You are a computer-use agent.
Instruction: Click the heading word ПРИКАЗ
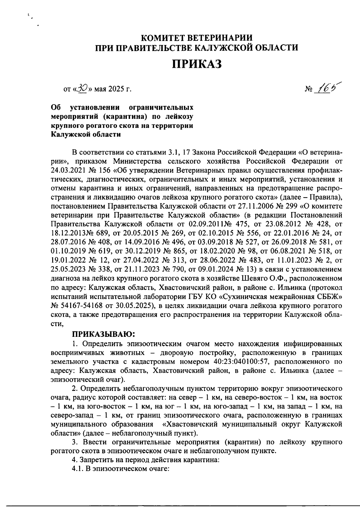pos(196,64)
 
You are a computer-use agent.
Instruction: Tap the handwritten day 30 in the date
pos(81,88)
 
